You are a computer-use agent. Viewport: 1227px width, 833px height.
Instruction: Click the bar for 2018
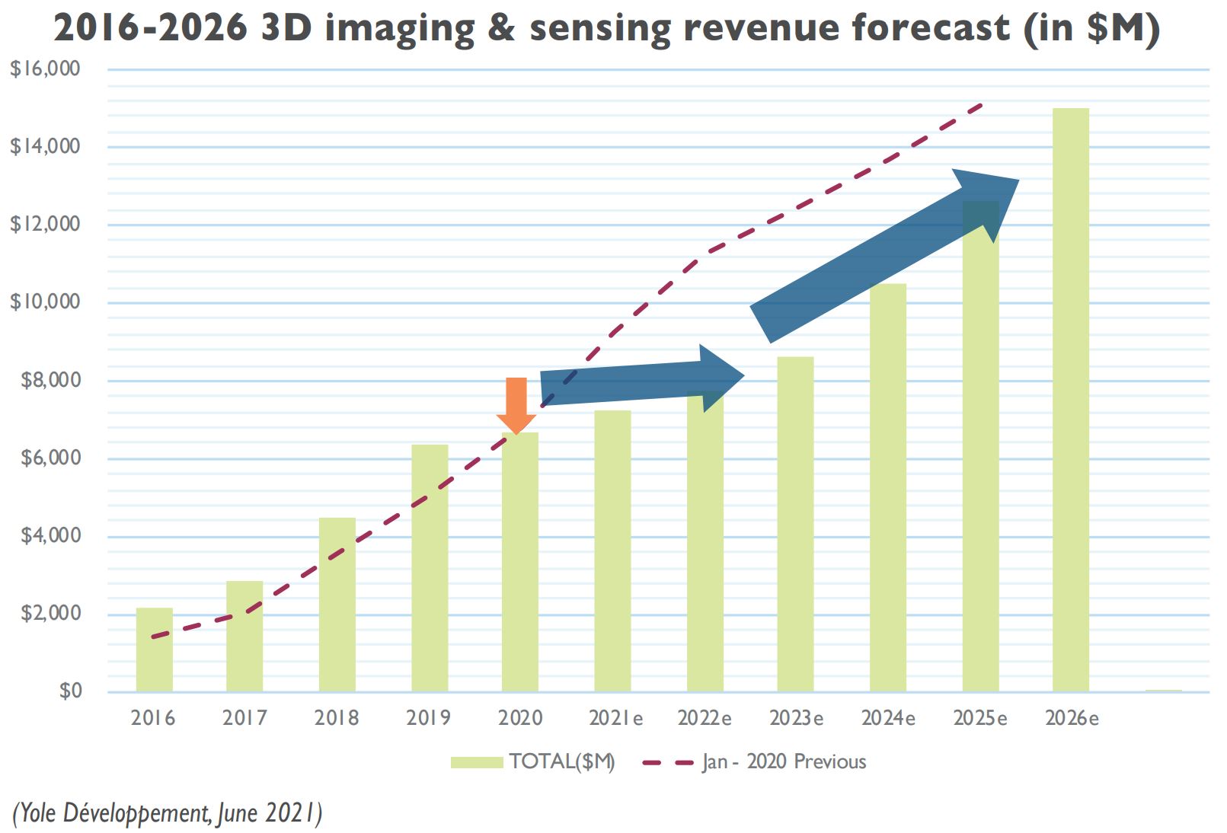[x=337, y=605]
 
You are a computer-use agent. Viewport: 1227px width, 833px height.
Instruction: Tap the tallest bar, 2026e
[x=1071, y=400]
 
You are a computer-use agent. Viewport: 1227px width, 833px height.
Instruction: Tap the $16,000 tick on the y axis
[x=45, y=69]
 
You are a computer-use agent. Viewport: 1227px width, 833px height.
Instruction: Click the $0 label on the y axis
[x=70, y=691]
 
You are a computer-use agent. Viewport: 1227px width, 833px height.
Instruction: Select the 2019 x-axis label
[x=428, y=718]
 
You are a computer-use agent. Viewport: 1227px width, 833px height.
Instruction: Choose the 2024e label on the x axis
[x=888, y=718]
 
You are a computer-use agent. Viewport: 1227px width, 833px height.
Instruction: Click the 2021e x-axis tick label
[x=615, y=718]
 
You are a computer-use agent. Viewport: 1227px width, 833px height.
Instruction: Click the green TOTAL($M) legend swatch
[x=477, y=762]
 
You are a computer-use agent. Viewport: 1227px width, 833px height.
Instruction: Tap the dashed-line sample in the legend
[x=668, y=762]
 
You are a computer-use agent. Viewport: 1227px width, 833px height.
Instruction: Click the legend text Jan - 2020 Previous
[x=784, y=762]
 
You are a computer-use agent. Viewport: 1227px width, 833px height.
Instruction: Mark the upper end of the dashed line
[x=983, y=104]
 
